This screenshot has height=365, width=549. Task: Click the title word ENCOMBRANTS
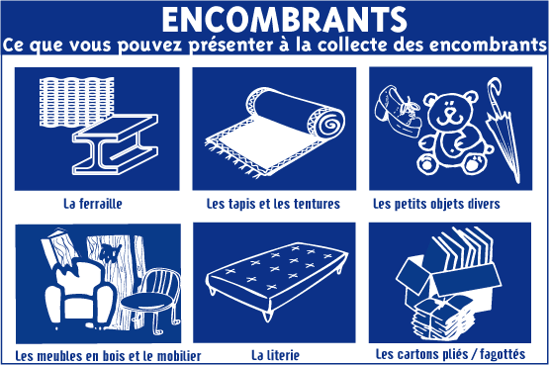click(284, 21)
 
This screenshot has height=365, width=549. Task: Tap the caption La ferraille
click(93, 204)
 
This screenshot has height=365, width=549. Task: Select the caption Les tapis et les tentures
click(273, 204)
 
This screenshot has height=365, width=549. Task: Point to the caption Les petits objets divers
click(436, 204)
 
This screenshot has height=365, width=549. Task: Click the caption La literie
click(276, 355)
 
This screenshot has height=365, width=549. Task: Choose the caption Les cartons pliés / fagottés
click(450, 354)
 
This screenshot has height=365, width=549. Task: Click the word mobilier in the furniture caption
click(179, 356)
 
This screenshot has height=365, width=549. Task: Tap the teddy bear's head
click(450, 109)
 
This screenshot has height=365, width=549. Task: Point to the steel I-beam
click(116, 144)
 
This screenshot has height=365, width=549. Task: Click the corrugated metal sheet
click(76, 101)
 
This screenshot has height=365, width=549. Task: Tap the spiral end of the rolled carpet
click(326, 124)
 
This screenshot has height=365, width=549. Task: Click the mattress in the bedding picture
click(277, 277)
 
